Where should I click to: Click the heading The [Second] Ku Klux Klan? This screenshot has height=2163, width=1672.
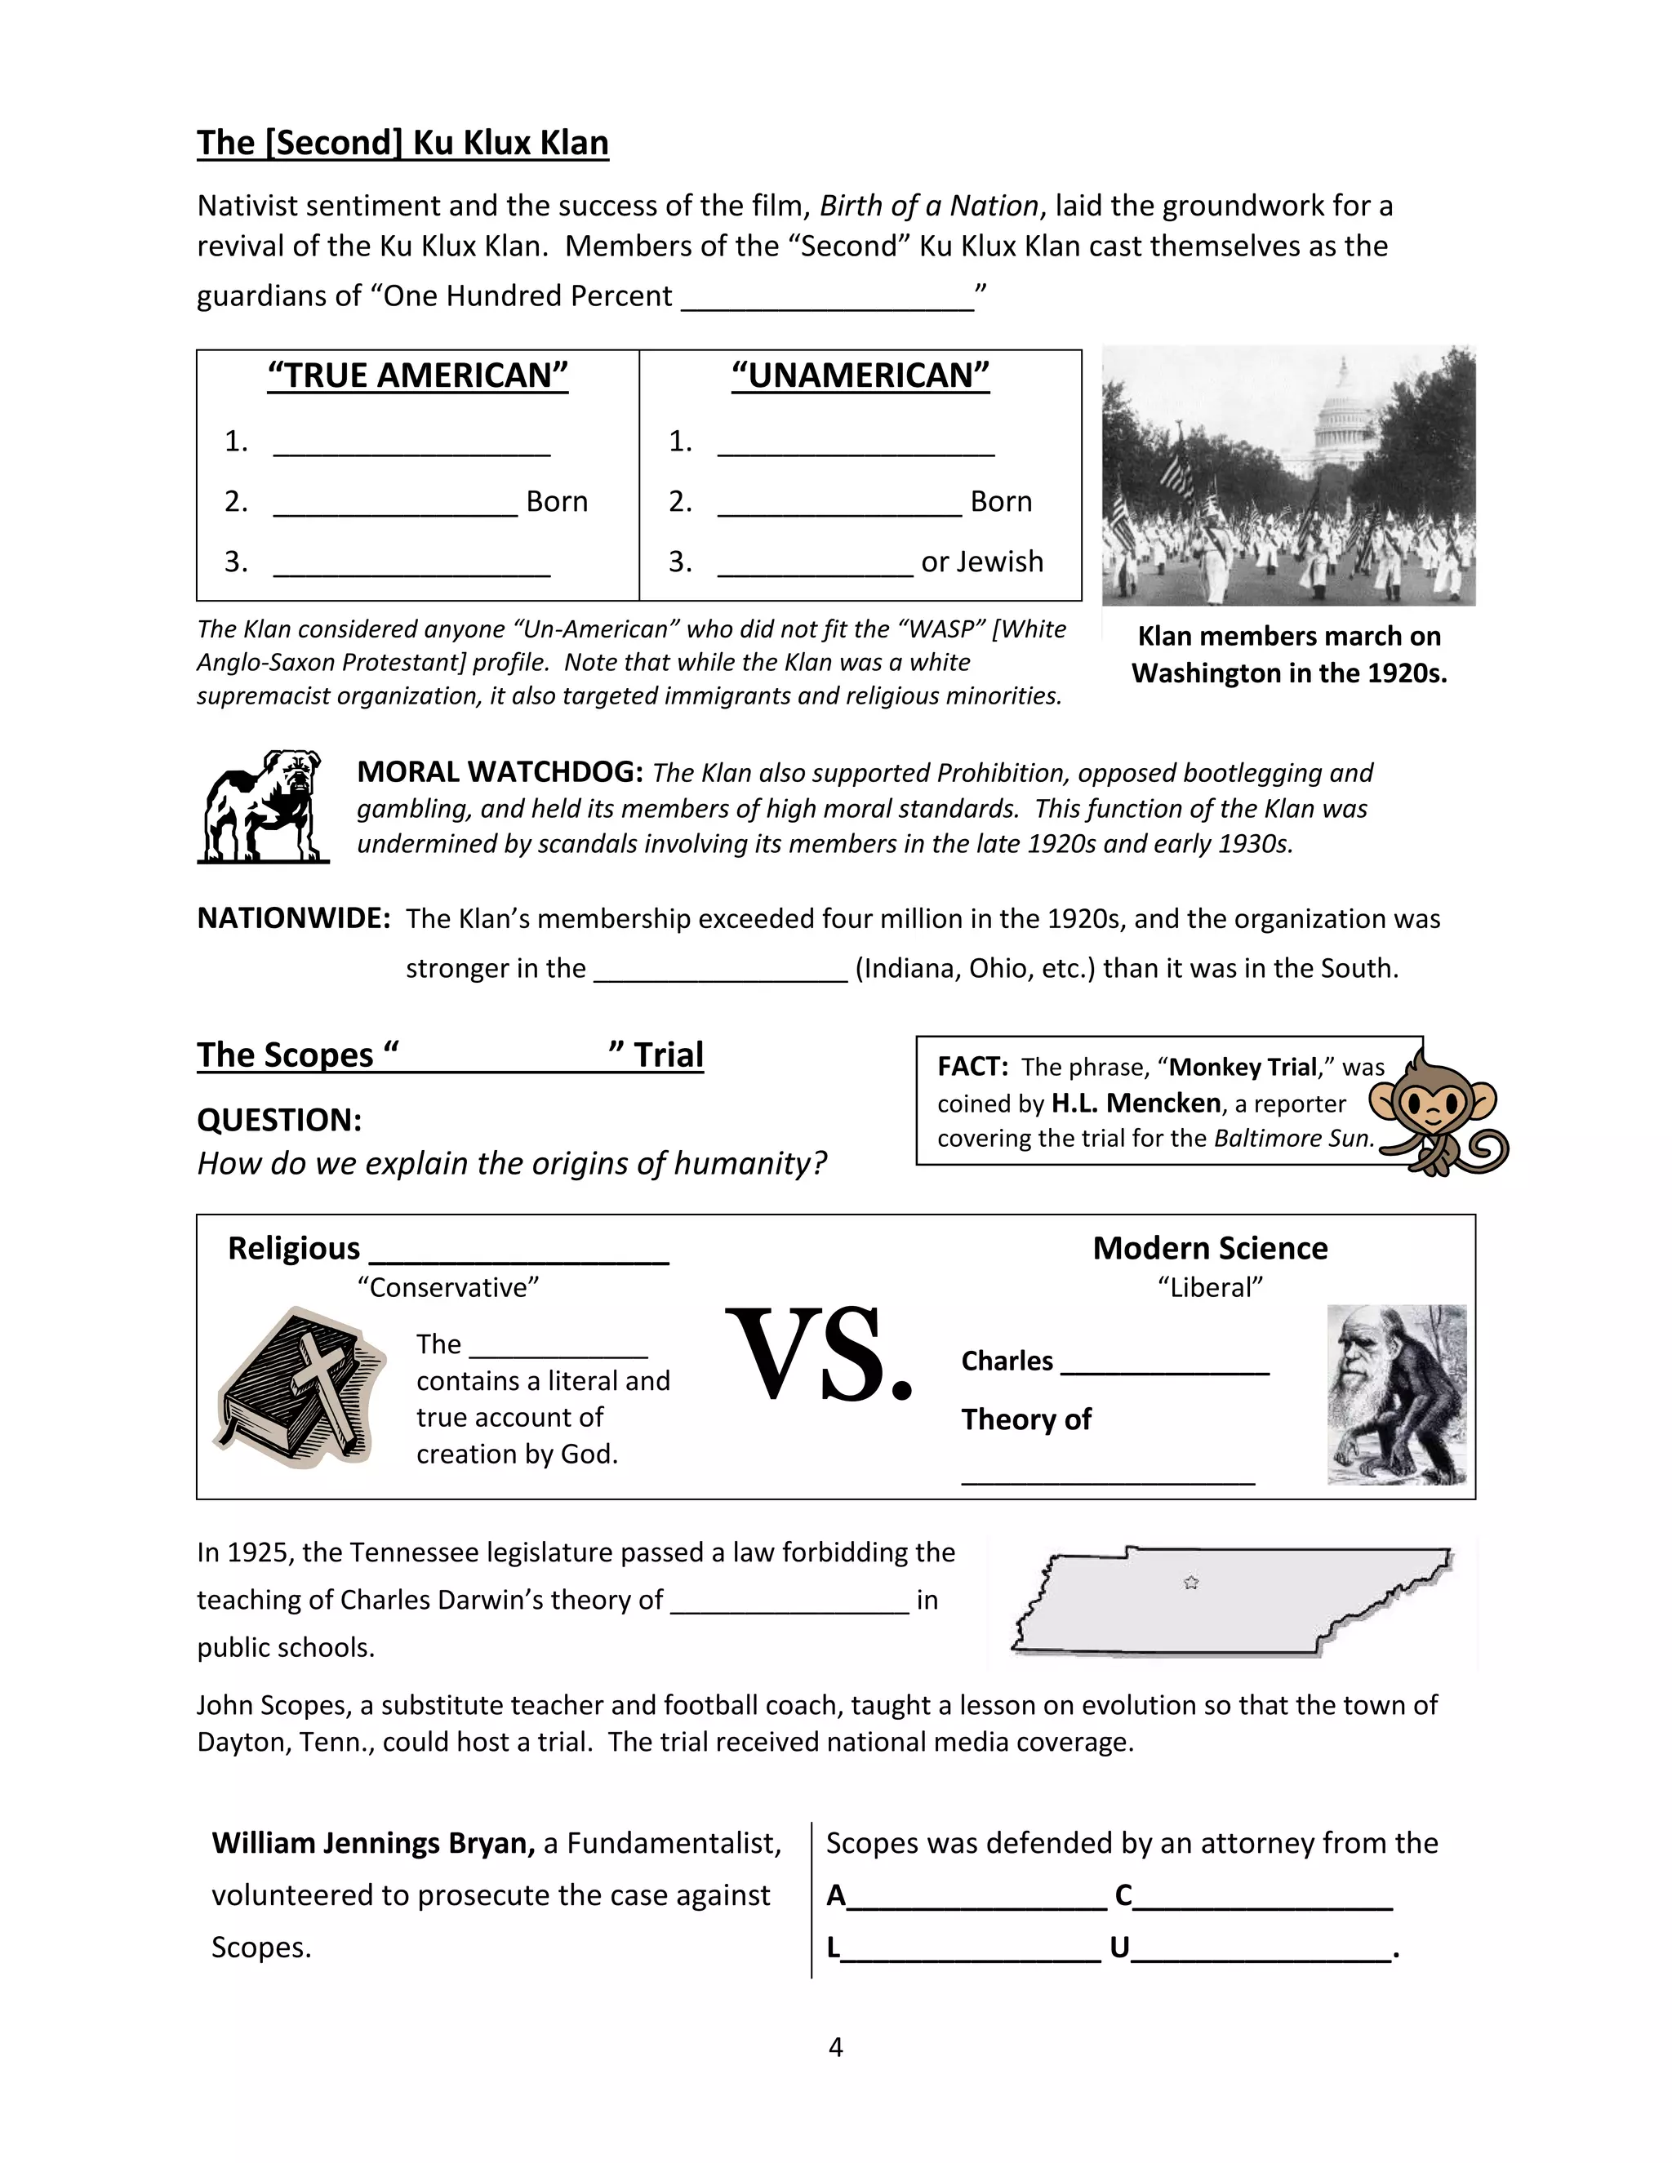pos(402,143)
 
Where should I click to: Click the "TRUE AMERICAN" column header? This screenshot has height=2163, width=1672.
pos(418,375)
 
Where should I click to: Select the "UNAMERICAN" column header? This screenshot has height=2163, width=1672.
pos(860,375)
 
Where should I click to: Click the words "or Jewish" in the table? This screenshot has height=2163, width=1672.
pos(981,562)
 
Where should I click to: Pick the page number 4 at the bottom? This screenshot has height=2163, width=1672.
pos(835,2046)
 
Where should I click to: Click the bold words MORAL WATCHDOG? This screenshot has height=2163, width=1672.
pos(500,771)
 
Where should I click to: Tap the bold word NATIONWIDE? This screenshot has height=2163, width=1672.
pos(294,918)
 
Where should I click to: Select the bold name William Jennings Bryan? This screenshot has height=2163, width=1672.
pos(372,1842)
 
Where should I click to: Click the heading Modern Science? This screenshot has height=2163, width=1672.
pos(1209,1248)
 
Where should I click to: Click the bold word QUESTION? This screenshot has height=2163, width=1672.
pos(279,1120)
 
